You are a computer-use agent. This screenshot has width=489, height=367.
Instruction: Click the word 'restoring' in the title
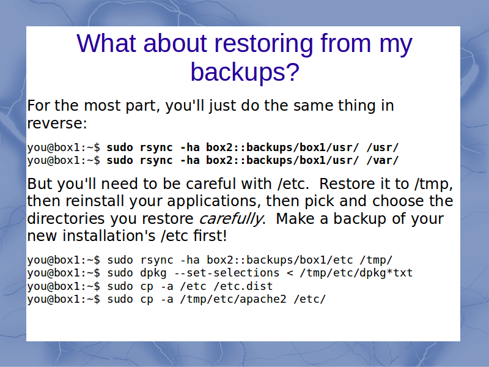click(263, 43)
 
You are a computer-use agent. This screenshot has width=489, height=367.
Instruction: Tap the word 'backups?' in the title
click(245, 72)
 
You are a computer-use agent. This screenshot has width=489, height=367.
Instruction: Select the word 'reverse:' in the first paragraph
click(57, 124)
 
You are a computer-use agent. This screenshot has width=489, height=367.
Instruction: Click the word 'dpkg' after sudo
click(153, 273)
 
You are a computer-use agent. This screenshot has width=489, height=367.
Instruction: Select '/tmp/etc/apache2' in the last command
click(233, 299)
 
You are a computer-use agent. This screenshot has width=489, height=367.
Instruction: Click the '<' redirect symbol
click(290, 273)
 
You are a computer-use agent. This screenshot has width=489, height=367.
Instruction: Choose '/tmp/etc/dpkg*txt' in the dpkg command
click(356, 273)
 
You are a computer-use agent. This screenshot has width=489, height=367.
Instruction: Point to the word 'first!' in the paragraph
click(210, 235)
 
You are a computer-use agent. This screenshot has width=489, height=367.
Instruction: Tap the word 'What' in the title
click(106, 43)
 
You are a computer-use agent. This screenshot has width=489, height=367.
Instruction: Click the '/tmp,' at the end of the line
click(433, 185)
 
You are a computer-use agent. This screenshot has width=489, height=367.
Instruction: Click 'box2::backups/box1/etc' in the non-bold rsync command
click(280, 260)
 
